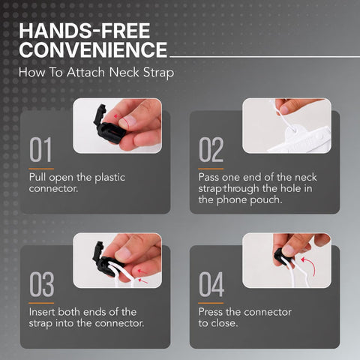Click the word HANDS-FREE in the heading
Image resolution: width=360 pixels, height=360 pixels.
click(85, 31)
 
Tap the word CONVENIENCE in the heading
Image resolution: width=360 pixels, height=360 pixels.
click(93, 49)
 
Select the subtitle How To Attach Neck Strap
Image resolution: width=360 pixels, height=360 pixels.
click(96, 73)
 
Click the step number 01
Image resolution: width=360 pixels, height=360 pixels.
click(40, 149)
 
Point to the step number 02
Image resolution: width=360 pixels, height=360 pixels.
click(211, 149)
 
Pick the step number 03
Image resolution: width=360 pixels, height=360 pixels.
click(41, 284)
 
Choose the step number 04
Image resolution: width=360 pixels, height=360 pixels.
click(211, 284)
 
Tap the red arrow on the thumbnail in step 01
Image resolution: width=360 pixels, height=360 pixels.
click(117, 116)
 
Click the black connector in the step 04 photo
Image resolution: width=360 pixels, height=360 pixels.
click(283, 256)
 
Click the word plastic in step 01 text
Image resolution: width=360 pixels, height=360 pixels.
click(109, 178)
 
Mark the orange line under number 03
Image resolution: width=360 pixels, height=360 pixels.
click(41, 303)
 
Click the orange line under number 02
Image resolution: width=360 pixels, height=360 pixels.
click(211, 169)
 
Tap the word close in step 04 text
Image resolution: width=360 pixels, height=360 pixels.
click(224, 323)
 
